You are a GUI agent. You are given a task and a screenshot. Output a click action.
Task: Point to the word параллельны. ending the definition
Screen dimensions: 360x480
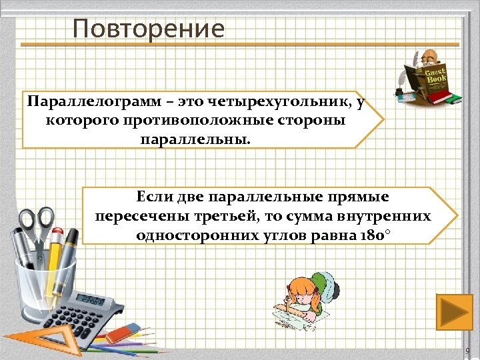[x=197, y=140]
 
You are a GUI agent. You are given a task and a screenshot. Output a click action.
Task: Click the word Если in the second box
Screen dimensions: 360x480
[x=155, y=197]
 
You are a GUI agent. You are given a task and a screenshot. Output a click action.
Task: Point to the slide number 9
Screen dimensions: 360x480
[x=467, y=351]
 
